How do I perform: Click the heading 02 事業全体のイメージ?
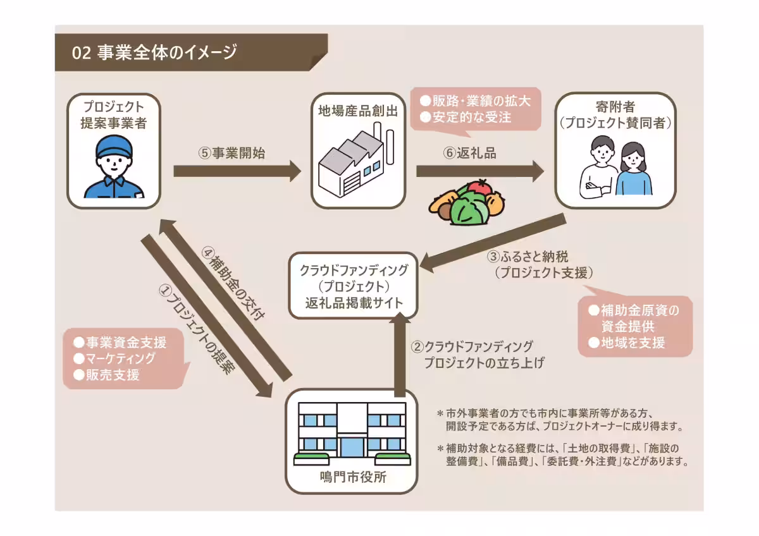point(155,52)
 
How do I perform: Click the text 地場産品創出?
point(358,112)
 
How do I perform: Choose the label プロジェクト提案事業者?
point(114,115)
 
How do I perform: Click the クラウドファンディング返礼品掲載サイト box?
point(353,286)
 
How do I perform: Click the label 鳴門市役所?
point(353,478)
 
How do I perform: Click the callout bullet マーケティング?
point(120,358)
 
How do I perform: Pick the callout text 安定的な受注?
point(471,117)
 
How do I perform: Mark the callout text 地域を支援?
point(632,343)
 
